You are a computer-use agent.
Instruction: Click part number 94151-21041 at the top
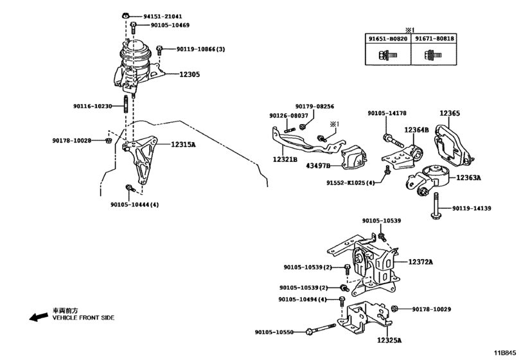pos(163,16)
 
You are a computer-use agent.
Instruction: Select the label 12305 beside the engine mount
pos(190,75)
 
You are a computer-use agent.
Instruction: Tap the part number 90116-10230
pos(93,106)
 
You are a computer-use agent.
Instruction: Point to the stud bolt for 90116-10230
pos(126,104)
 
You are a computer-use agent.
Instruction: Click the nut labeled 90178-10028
pos(108,141)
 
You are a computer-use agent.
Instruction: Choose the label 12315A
pos(184,145)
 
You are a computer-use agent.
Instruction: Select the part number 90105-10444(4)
pos(134,205)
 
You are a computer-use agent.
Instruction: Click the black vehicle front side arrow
pos(39,316)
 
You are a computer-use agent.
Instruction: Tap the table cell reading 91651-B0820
pos(388,39)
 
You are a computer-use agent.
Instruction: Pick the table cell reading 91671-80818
pos(434,39)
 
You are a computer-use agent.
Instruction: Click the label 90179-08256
pos(315,106)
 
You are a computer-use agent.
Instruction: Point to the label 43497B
pos(318,165)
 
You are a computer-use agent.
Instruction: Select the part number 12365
pos(450,113)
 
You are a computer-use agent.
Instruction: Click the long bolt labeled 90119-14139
pos(435,206)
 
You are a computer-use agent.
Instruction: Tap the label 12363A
pos(468,178)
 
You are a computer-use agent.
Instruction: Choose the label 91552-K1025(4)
pos(350,183)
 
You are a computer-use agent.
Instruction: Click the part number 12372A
pos(421,262)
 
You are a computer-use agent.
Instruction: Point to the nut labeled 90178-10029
pos(394,309)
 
